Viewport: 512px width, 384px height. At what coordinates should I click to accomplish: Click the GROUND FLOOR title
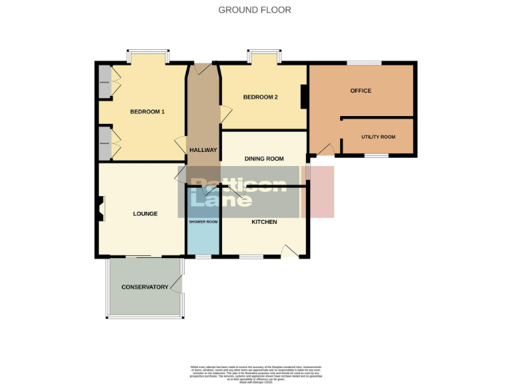255,10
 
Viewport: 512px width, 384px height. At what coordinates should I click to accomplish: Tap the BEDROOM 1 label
147,111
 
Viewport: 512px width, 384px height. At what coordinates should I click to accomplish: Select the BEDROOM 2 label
260,97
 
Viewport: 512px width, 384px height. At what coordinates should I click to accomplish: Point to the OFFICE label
361,91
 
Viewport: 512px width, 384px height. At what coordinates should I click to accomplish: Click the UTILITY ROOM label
378,137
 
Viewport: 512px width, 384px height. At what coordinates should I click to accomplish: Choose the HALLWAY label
203,150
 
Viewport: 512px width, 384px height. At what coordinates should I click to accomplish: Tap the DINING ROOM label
264,159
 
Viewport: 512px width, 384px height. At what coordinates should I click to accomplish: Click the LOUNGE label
145,214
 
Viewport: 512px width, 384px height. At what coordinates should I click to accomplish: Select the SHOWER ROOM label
203,221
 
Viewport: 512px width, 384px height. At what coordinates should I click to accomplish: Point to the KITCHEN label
264,221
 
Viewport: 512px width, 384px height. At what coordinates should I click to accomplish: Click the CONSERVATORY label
145,287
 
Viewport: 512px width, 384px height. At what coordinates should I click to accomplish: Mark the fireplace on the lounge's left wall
100,209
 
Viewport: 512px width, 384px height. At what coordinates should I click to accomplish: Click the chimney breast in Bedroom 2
304,97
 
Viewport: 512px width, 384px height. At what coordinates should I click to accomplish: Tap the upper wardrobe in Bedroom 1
105,81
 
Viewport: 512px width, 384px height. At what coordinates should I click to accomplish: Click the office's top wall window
363,63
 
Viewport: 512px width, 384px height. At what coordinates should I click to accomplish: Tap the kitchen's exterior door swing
289,251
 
